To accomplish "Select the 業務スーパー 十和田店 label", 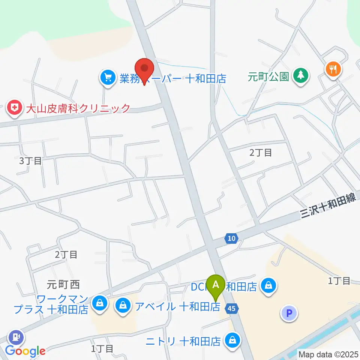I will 173,78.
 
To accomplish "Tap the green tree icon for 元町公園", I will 300,76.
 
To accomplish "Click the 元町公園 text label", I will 268,77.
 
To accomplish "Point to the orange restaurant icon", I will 333,69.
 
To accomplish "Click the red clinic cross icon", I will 15,108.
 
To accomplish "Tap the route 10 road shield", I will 231,238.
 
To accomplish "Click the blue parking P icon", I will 289,313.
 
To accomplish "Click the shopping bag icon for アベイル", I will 123,306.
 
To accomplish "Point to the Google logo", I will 25,351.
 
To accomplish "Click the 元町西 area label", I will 63,285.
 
